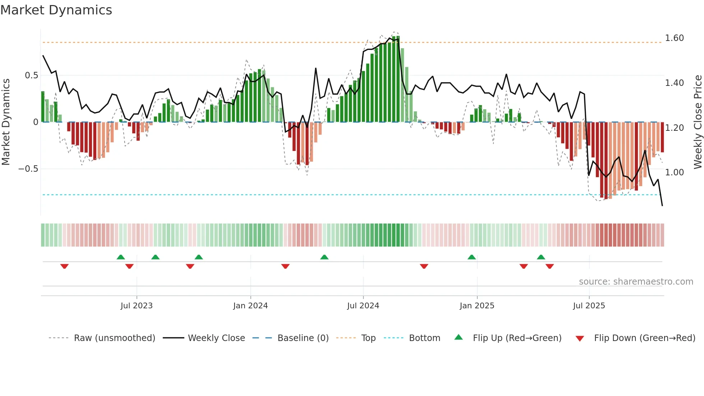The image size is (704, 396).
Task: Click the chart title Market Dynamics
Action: pyautogui.click(x=56, y=10)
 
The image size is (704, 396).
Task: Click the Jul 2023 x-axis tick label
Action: pyautogui.click(x=136, y=306)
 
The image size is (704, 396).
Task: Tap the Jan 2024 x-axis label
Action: pyautogui.click(x=250, y=306)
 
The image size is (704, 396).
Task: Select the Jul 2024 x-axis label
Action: pyautogui.click(x=363, y=306)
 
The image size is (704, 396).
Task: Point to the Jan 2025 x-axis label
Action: pyautogui.click(x=477, y=306)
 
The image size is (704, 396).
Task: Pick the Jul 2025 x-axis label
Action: pyautogui.click(x=589, y=306)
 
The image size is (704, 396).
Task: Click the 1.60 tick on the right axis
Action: pyautogui.click(x=674, y=38)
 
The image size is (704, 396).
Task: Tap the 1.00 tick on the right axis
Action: pyautogui.click(x=674, y=172)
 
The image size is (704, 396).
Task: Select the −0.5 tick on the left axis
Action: pyautogui.click(x=28, y=169)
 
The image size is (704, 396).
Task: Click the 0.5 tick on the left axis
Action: pyautogui.click(x=31, y=75)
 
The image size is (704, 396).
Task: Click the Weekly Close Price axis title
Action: pyautogui.click(x=698, y=121)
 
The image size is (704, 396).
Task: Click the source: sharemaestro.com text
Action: pyautogui.click(x=636, y=282)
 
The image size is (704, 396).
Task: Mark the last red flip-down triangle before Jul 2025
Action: pyautogui.click(x=550, y=266)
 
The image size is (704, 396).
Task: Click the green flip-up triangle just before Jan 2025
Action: pyautogui.click(x=472, y=257)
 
